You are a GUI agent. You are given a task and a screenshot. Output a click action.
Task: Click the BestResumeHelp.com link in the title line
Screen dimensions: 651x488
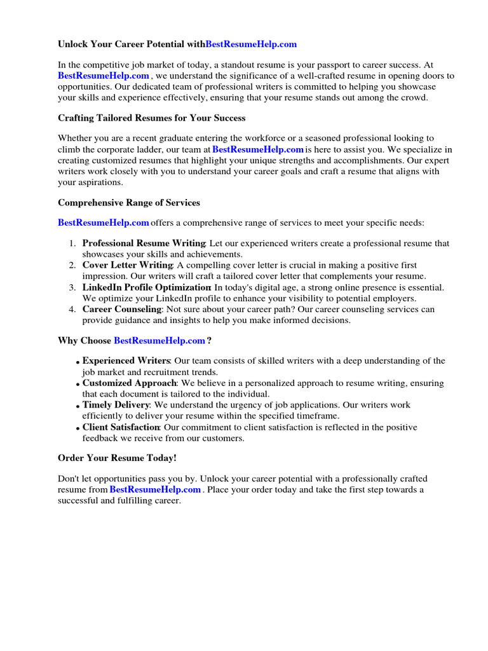tap(251, 45)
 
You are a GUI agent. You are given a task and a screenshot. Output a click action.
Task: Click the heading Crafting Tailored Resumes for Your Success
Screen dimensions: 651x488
tap(151, 118)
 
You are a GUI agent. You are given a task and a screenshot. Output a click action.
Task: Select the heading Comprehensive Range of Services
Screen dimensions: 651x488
tap(129, 203)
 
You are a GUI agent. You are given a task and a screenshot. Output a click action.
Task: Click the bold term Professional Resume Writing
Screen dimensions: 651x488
tap(144, 243)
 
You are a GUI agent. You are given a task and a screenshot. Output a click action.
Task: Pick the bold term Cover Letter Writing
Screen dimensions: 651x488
tap(128, 265)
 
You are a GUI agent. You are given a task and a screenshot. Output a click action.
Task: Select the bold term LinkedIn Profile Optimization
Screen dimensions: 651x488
tap(146, 287)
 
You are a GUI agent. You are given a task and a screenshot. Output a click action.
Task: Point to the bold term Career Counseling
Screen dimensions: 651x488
tap(122, 310)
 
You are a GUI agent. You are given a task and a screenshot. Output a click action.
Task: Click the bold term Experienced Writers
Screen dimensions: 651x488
tap(126, 361)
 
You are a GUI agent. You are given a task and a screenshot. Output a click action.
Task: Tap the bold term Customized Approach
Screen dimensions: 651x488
tap(129, 383)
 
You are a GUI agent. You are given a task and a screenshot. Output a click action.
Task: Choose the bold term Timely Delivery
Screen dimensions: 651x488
tap(115, 405)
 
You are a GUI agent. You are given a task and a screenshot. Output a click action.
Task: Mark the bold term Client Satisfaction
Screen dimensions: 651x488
tap(121, 427)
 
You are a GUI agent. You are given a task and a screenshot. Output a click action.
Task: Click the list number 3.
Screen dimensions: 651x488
tap(72, 287)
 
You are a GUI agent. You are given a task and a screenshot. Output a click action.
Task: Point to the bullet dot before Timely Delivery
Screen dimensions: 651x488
tap(78, 407)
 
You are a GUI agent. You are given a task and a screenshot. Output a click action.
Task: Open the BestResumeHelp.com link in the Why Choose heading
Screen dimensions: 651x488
tap(159, 341)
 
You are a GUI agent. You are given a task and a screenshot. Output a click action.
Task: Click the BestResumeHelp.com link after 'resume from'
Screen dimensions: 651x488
tap(155, 490)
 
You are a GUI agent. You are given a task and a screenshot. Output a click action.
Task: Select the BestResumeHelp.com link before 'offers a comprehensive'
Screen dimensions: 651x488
tap(104, 223)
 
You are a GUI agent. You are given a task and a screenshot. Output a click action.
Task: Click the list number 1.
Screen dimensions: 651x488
tap(72, 243)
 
